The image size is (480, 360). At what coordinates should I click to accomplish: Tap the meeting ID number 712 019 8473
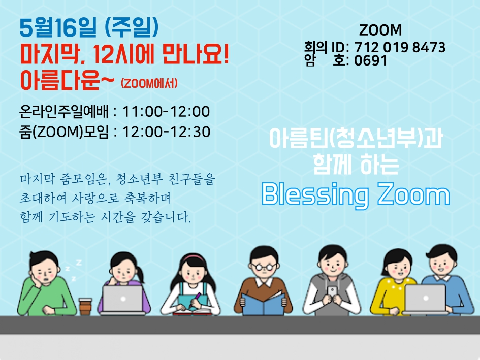coord(400,47)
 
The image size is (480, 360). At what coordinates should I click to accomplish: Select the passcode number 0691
coord(371,60)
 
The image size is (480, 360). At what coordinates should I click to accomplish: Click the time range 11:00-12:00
coord(166,111)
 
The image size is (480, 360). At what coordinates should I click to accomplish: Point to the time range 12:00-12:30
coord(166,132)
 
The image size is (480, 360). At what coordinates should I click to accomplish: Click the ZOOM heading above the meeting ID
coord(380,30)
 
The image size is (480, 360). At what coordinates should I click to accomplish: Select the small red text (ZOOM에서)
coord(149,83)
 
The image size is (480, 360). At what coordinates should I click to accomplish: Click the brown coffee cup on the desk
coord(85,306)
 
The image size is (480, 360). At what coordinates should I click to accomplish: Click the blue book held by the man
coord(263,303)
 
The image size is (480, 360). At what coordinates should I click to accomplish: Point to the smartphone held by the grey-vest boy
coord(332,292)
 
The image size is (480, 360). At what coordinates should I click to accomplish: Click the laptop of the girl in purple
coord(123,300)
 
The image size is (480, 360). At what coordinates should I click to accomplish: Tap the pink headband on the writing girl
coord(194,257)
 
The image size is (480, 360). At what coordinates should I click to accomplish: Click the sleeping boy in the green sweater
coord(46,284)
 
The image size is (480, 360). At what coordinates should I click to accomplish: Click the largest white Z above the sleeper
coord(79,263)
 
